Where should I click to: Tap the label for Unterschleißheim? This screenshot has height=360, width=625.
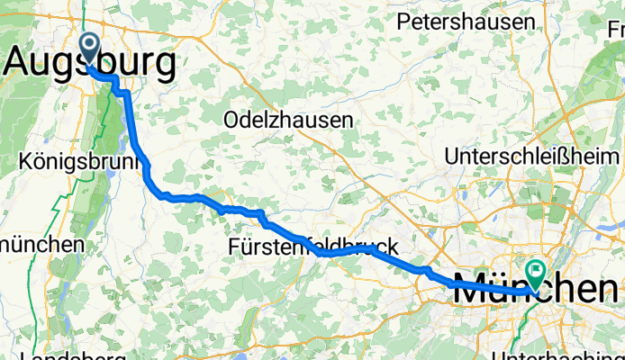click(x=533, y=156)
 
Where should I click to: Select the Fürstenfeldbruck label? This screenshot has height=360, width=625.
click(x=312, y=246)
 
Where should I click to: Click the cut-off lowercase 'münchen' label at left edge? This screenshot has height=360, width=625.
click(x=42, y=244)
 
